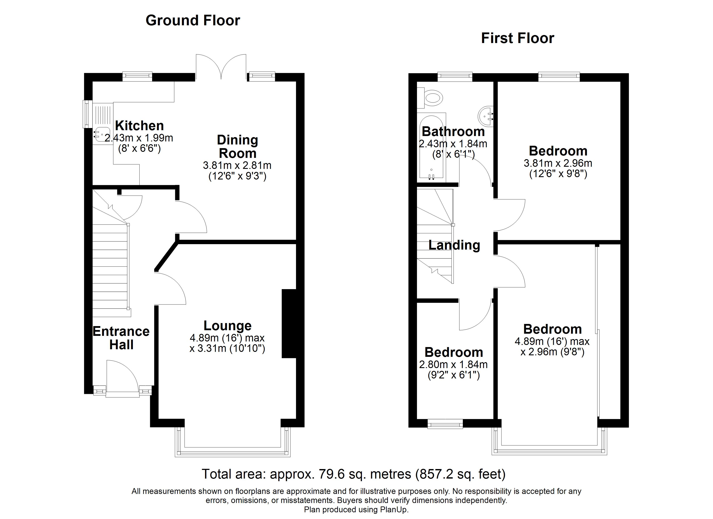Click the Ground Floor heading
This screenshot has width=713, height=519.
pyautogui.click(x=193, y=21)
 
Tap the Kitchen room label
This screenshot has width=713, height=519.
pyautogui.click(x=139, y=126)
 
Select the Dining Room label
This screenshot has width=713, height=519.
pyautogui.click(x=238, y=147)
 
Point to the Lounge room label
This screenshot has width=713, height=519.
pyautogui.click(x=228, y=326)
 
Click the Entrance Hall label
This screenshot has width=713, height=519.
pyautogui.click(x=121, y=338)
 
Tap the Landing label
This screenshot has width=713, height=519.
pyautogui.click(x=454, y=245)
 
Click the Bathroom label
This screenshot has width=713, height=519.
pyautogui.click(x=453, y=131)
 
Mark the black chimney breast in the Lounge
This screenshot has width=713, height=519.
pyautogui.click(x=289, y=324)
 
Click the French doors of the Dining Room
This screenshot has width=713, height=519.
pyautogui.click(x=221, y=67)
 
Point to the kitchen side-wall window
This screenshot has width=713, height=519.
pyautogui.click(x=87, y=114)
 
